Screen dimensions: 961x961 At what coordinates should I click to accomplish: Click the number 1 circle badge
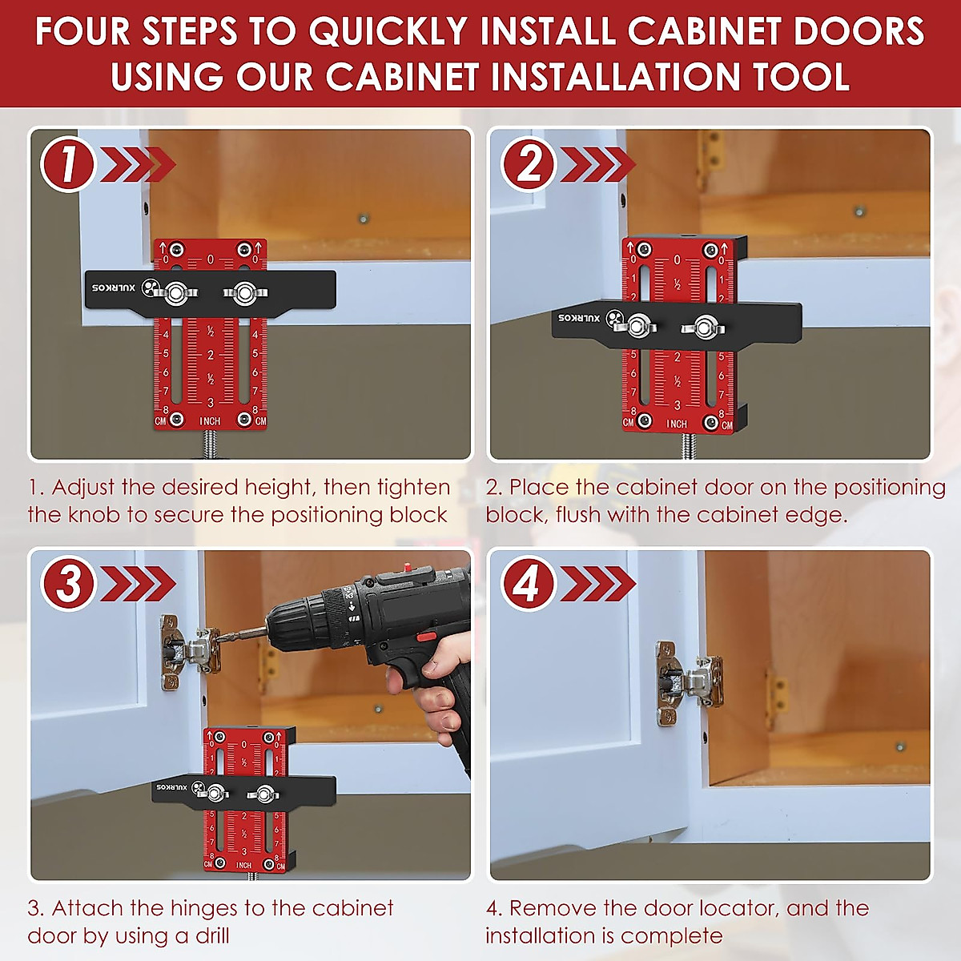coord(68,164)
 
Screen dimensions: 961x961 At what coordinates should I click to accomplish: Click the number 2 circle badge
coord(529,164)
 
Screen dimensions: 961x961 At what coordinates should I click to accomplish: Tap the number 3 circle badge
coord(68,583)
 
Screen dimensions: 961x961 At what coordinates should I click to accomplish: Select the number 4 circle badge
coord(529,583)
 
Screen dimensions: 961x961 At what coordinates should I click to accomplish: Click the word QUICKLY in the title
coord(388,32)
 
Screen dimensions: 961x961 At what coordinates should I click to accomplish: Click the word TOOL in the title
coord(801,77)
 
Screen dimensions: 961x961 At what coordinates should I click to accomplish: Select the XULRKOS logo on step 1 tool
coord(116,287)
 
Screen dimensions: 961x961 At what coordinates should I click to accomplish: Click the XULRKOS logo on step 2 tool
coord(580,318)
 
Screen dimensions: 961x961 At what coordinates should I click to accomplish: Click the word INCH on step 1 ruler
coord(210,421)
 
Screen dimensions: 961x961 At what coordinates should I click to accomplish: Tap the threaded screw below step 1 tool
coord(211,443)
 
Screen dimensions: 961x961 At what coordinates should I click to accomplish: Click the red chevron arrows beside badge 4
coord(597,583)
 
